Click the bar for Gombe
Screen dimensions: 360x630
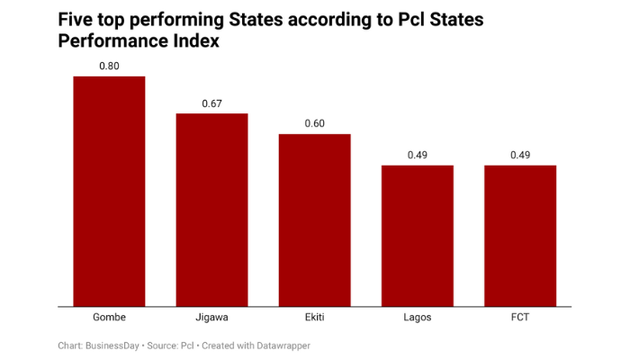pyautogui.click(x=109, y=191)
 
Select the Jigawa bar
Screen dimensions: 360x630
pyautogui.click(x=211, y=209)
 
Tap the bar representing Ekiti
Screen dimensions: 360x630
pyautogui.click(x=314, y=220)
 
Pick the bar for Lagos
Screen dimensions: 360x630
pyautogui.click(x=417, y=236)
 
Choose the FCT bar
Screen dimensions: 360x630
pyautogui.click(x=519, y=236)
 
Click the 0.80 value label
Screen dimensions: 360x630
pyautogui.click(x=109, y=66)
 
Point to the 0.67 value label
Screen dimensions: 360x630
pyautogui.click(x=211, y=103)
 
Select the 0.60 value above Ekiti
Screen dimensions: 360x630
pyautogui.click(x=314, y=123)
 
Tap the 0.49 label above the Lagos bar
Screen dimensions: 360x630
pyautogui.click(x=417, y=155)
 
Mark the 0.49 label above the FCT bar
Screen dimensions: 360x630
pyautogui.click(x=519, y=155)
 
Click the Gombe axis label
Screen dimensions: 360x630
pyautogui.click(x=109, y=318)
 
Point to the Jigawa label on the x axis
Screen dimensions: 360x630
pyautogui.click(x=211, y=318)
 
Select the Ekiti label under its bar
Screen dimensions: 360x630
pyautogui.click(x=314, y=318)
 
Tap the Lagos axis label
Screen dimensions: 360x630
pyautogui.click(x=417, y=318)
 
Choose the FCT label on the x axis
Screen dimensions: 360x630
pyautogui.click(x=519, y=318)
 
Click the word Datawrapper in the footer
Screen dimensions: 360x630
pyautogui.click(x=279, y=346)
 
